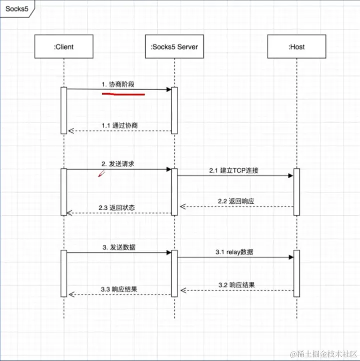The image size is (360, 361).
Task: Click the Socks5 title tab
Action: (x=16, y=9)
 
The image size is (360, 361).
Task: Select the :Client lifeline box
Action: (x=64, y=47)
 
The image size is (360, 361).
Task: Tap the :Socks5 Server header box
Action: (x=174, y=47)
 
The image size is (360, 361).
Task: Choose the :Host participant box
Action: (x=296, y=47)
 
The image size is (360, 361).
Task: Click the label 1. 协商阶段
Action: (x=118, y=84)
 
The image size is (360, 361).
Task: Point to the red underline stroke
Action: (x=123, y=93)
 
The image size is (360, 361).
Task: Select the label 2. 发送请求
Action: (x=118, y=164)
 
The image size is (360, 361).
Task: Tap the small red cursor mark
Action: (x=101, y=174)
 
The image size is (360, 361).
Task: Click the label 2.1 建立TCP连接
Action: (x=234, y=170)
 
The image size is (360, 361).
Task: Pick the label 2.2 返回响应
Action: (x=236, y=201)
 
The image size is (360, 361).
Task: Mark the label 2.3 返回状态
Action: (x=118, y=207)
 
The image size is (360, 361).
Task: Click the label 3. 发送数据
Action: (x=118, y=247)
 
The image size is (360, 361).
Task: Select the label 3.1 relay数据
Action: (x=234, y=252)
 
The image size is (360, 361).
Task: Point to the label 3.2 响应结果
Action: (x=236, y=284)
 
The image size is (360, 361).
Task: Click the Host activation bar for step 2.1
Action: (x=296, y=192)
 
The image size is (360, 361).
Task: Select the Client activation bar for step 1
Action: (x=64, y=110)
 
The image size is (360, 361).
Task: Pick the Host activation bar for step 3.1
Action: (x=296, y=273)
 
